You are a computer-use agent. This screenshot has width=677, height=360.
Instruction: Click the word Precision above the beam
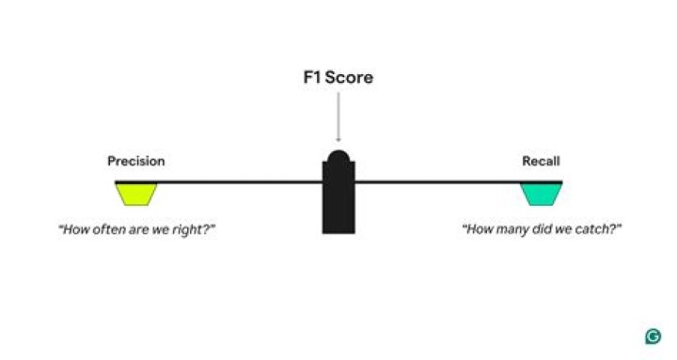tap(136, 162)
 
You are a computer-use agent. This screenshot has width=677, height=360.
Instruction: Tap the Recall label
tap(541, 162)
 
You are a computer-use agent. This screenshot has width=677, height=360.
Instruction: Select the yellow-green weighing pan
tap(136, 194)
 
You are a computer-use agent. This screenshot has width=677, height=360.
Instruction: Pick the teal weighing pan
tap(542, 194)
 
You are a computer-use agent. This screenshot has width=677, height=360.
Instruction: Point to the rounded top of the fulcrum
tap(338, 155)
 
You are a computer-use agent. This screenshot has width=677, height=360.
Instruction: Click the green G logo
tap(653, 337)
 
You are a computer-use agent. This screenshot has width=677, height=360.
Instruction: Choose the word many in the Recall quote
tap(513, 229)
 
